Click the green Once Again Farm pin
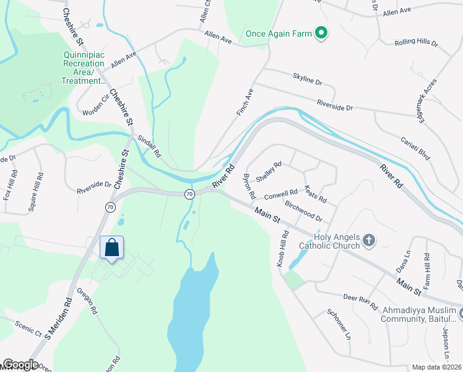[321, 33]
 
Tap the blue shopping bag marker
[112, 248]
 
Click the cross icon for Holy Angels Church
[369, 241]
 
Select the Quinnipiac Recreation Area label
[84, 67]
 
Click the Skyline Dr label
[308, 78]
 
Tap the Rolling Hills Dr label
[416, 43]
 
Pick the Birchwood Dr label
[303, 211]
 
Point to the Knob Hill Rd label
[282, 249]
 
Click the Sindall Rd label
[149, 146]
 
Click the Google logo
[20, 365]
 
